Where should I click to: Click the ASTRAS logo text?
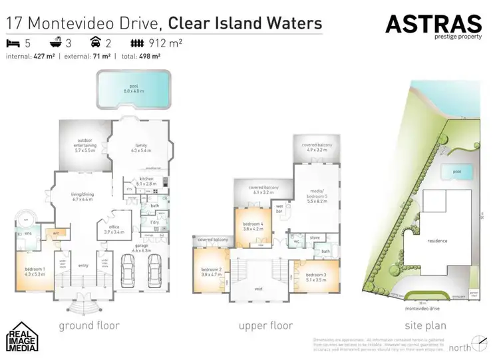click(433, 25)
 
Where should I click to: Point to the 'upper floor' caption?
click(265, 326)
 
